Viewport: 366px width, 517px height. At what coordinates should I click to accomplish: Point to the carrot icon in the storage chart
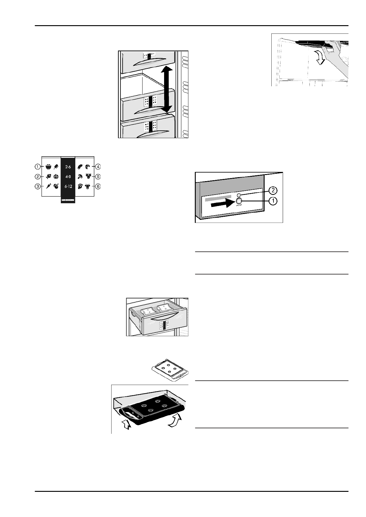click(x=48, y=186)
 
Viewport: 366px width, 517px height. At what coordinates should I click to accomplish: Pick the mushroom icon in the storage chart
click(x=80, y=177)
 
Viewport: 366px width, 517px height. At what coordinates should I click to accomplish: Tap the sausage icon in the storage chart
click(x=80, y=167)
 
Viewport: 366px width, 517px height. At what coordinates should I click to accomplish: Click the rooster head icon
click(x=80, y=186)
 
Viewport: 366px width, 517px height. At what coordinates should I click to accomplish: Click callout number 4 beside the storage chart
click(x=98, y=167)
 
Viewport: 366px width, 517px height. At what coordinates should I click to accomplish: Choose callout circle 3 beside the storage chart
click(x=37, y=186)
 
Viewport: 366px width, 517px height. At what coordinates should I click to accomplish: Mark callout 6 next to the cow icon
click(x=98, y=186)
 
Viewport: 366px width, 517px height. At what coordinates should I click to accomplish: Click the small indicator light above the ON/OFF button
click(x=238, y=195)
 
